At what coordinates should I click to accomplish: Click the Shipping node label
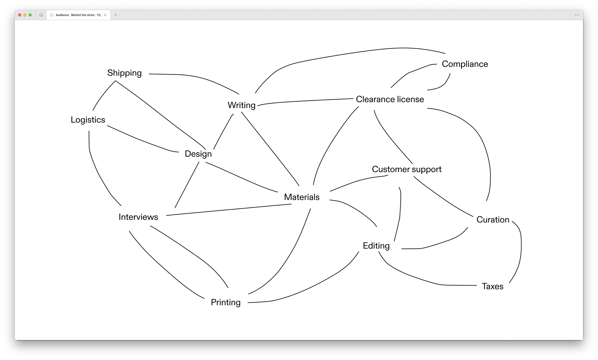tap(124, 73)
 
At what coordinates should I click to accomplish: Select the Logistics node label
tap(88, 120)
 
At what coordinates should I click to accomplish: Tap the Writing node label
tap(241, 105)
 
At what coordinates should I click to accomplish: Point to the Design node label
tap(198, 154)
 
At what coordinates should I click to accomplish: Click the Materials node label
tap(302, 197)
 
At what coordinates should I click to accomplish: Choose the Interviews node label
tap(138, 217)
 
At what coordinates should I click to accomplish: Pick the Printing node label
tap(226, 302)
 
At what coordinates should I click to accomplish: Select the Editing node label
tap(376, 246)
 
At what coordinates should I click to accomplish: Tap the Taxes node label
tap(492, 286)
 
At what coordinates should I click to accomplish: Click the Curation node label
tap(493, 220)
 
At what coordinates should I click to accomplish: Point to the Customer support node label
tap(406, 169)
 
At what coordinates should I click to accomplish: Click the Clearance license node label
tap(390, 99)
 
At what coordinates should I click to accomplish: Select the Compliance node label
tap(465, 64)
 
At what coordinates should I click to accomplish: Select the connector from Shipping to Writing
tap(199, 77)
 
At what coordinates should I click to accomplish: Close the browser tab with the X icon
tap(105, 15)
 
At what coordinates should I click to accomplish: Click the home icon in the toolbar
tap(41, 15)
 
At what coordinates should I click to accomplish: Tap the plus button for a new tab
tap(116, 15)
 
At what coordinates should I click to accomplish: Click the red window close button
tap(20, 15)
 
